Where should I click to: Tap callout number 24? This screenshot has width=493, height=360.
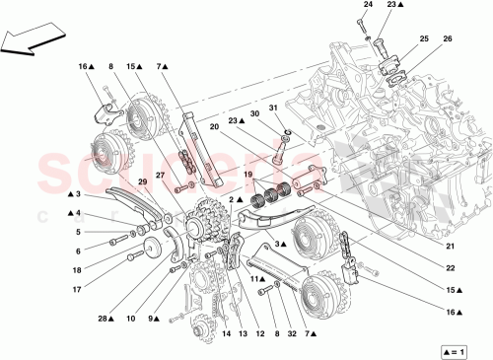click(x=367, y=6)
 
